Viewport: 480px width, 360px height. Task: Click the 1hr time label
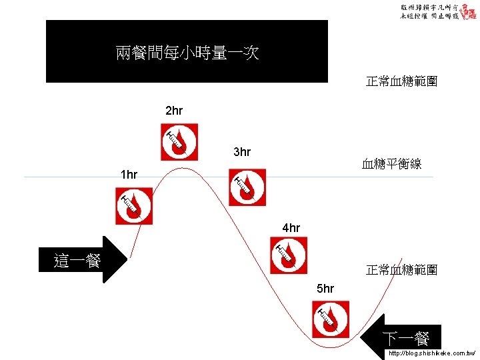point(129,175)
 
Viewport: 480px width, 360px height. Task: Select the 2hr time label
point(174,110)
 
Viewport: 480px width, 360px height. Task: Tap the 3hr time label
point(242,153)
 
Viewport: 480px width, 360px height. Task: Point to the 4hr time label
point(291,228)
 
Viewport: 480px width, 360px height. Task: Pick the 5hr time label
point(325,289)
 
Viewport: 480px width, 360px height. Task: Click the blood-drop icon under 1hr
point(134,205)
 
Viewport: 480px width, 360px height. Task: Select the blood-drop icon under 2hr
point(179,141)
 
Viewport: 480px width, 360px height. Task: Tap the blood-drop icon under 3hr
point(247,187)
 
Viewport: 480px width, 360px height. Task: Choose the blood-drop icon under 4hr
point(289,256)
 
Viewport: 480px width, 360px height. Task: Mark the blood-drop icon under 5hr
point(331,319)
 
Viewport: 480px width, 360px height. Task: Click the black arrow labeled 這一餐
point(83,260)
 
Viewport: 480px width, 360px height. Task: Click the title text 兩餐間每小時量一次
point(187,53)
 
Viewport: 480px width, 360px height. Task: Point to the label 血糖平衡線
point(391,163)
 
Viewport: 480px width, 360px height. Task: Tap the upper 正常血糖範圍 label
point(401,82)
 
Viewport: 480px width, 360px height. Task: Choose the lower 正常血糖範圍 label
point(401,270)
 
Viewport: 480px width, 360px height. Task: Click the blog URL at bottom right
point(432,353)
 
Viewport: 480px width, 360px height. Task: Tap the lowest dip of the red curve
point(337,346)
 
